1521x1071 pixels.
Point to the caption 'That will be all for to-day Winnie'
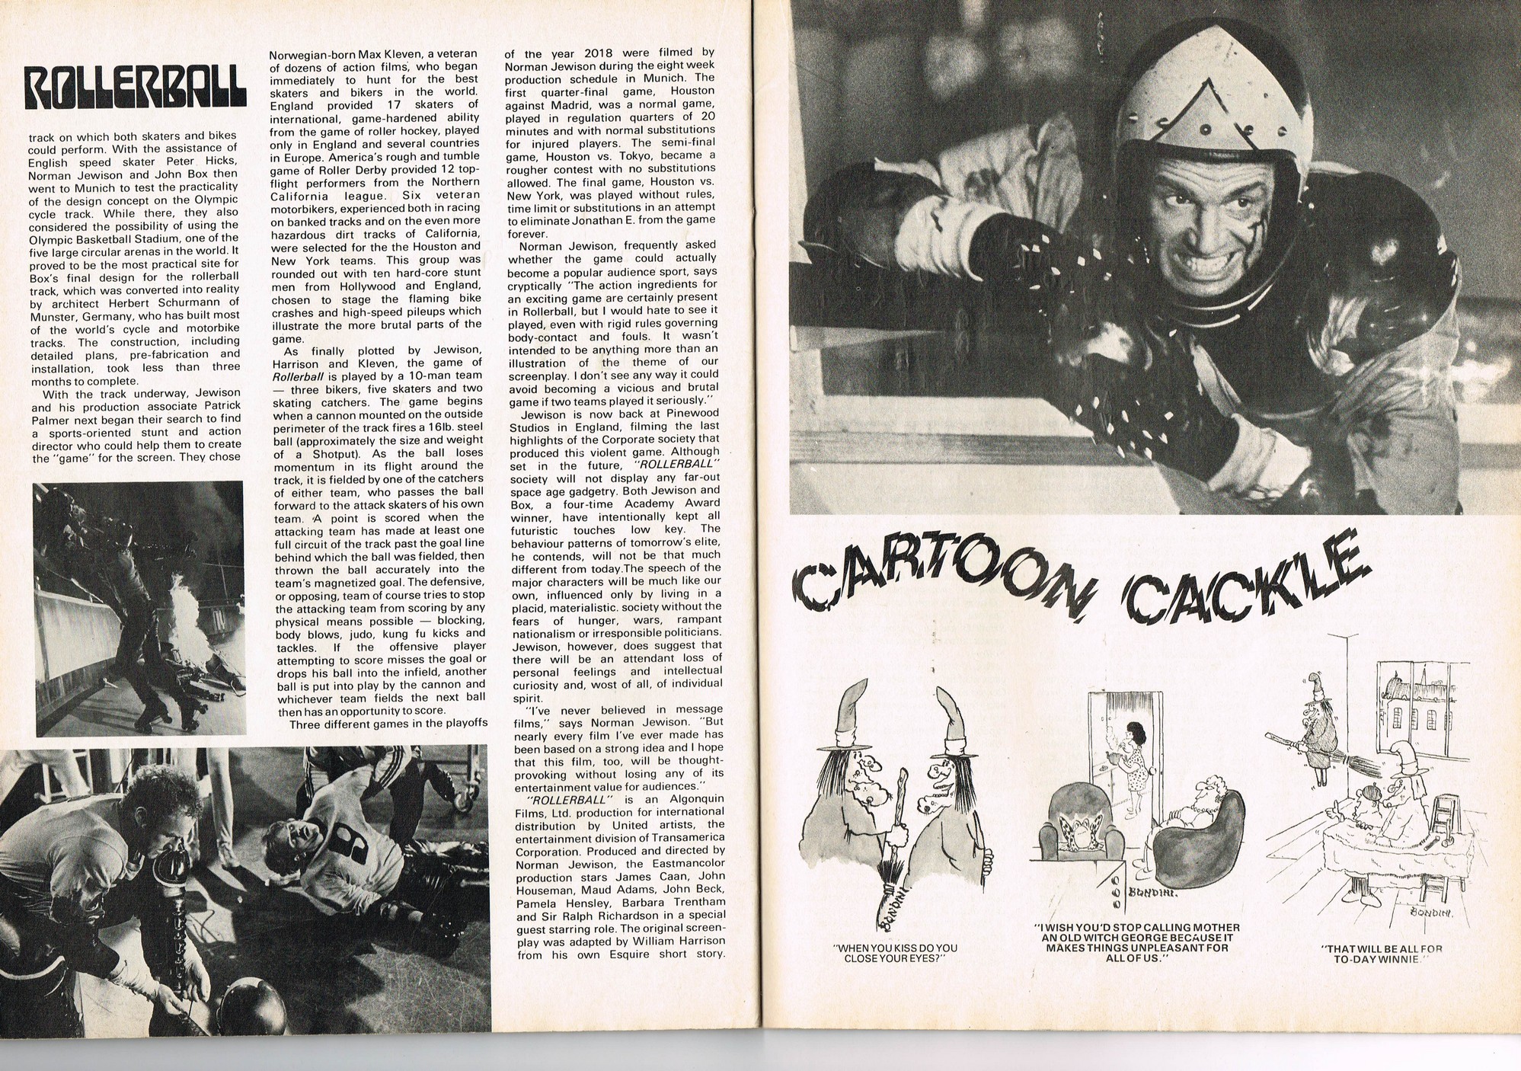coord(1382,954)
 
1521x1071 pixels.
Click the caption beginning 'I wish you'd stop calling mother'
coord(1137,942)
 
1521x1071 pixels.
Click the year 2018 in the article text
coord(602,53)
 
